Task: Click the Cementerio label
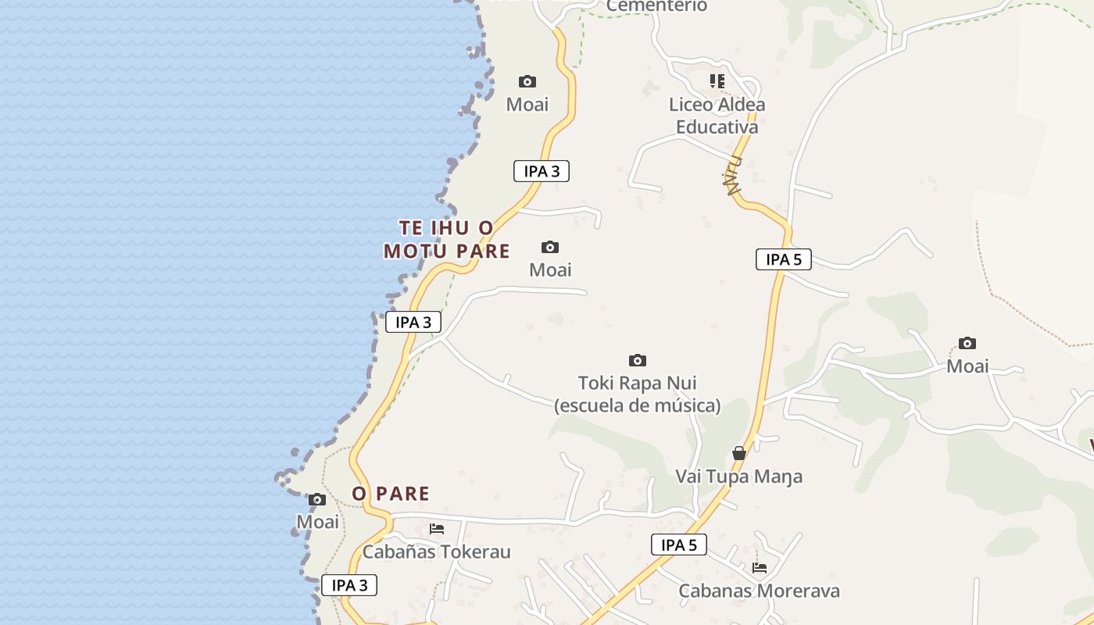click(656, 6)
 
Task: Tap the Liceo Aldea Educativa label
click(717, 116)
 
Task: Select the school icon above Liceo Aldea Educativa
click(717, 80)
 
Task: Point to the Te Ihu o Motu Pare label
click(446, 239)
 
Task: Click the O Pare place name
click(391, 494)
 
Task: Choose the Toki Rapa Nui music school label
click(637, 395)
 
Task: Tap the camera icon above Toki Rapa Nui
click(638, 360)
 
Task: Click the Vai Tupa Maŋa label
click(738, 477)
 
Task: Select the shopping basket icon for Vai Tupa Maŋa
click(738, 453)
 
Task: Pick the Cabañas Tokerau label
click(436, 552)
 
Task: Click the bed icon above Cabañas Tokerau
click(436, 529)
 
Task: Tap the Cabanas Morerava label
click(759, 591)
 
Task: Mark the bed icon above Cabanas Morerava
click(759, 568)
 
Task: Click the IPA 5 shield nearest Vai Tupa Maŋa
click(678, 545)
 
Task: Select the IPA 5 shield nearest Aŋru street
click(783, 259)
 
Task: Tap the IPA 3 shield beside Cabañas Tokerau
click(349, 585)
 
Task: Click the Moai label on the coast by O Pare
click(317, 522)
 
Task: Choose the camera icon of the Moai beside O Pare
click(316, 500)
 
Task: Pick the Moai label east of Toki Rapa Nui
click(967, 366)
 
